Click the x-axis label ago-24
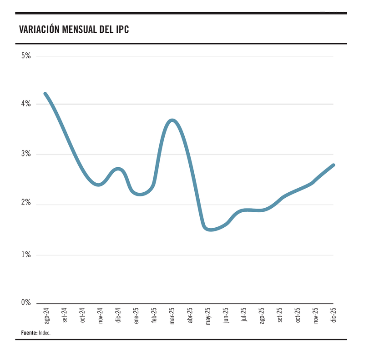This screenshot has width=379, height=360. (46, 315)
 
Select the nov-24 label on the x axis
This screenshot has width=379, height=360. (100, 315)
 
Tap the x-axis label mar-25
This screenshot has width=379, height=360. (172, 315)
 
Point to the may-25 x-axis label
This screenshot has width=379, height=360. (208, 315)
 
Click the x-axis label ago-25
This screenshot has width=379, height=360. (262, 315)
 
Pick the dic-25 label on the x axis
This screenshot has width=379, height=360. (334, 315)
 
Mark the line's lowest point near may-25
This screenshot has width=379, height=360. (210, 230)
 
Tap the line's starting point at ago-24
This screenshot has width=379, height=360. (45, 94)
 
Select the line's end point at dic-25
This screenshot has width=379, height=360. (334, 165)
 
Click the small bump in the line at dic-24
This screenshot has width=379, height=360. (118, 169)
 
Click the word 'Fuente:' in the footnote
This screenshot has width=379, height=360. (29, 333)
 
